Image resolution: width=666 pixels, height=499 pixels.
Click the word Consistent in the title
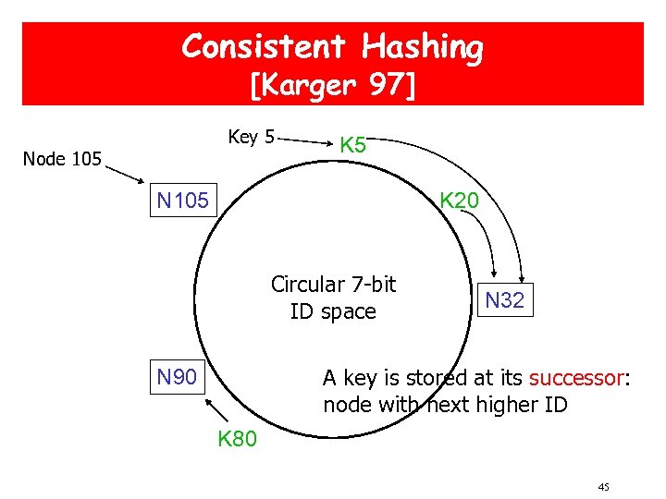[262, 46]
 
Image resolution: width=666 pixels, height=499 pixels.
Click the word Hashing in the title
[423, 46]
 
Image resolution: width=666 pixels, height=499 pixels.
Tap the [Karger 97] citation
[333, 86]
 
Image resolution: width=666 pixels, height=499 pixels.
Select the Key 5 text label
[251, 137]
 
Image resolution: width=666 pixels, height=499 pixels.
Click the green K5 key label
[353, 145]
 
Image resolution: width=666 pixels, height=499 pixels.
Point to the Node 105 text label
[62, 159]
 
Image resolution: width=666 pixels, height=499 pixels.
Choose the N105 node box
[182, 201]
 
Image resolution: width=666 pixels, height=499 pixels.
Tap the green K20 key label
[459, 201]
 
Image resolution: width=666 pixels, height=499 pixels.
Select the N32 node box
[505, 299]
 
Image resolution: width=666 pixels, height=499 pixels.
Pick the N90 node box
[177, 376]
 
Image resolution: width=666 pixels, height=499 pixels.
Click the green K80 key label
[238, 439]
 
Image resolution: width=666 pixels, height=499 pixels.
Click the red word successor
[576, 378]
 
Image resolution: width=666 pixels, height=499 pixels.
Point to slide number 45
[603, 487]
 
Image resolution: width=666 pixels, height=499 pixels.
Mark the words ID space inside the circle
[333, 311]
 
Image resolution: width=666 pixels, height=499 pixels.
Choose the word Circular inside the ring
[306, 285]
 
